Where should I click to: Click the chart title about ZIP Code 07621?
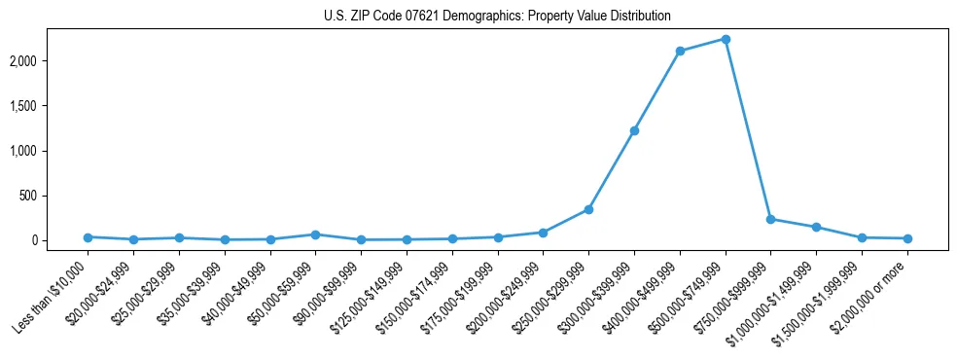click(497, 17)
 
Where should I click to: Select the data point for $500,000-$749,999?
click(726, 39)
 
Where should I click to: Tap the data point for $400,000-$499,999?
click(680, 51)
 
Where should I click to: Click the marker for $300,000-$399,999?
click(634, 130)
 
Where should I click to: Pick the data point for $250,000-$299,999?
click(588, 209)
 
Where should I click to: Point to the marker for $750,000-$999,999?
click(770, 219)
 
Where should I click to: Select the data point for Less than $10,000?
click(88, 236)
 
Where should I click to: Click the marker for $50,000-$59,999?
click(315, 234)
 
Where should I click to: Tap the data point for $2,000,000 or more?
click(907, 238)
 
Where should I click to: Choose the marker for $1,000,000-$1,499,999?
click(816, 227)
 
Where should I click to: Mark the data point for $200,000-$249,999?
click(543, 233)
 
